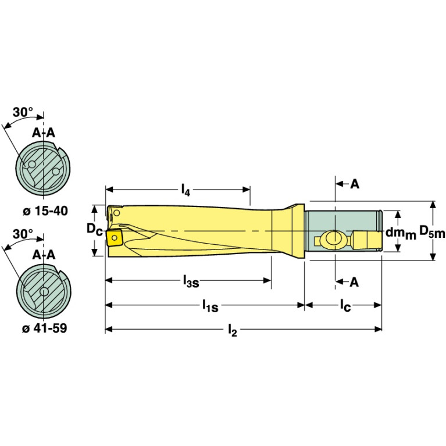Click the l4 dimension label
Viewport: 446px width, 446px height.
click(185, 189)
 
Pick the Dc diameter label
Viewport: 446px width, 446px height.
click(94, 230)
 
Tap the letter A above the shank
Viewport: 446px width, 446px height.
click(355, 184)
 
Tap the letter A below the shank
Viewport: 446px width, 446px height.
click(355, 281)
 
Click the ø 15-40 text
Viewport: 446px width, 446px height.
click(44, 210)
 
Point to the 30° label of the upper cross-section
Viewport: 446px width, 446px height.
click(23, 113)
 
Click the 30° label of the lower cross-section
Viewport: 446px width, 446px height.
click(23, 234)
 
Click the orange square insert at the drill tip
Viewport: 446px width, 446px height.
click(113, 237)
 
